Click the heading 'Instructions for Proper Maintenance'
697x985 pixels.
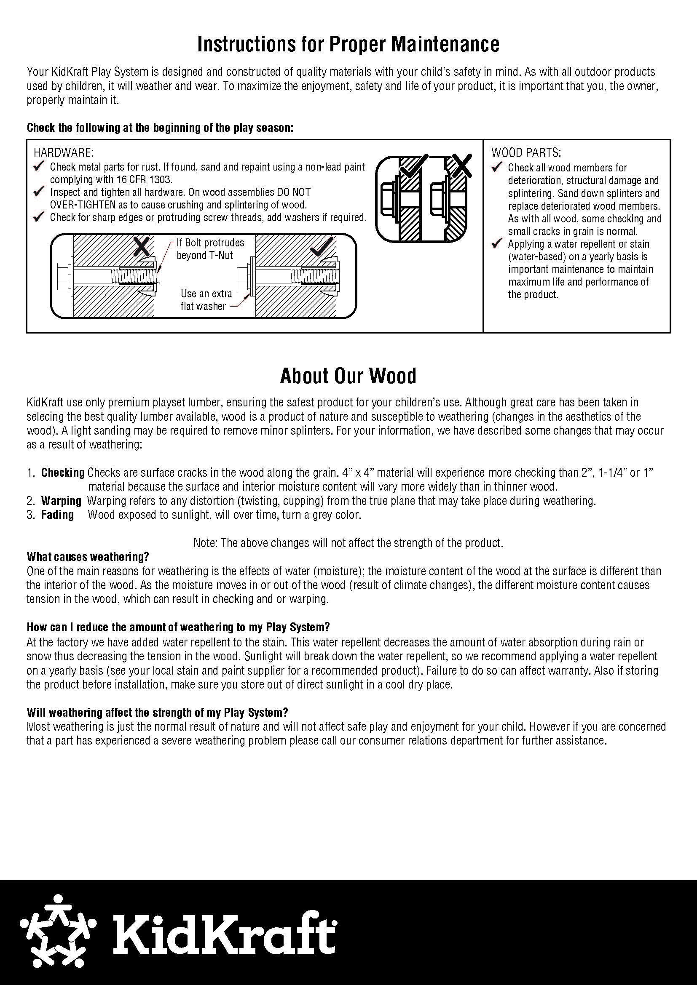348,44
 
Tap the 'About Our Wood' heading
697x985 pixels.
348,376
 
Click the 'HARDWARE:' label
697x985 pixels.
64,153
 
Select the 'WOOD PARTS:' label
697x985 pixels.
526,153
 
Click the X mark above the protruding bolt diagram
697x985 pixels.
142,246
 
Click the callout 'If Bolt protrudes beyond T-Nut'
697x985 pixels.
210,249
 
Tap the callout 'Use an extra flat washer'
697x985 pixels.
206,300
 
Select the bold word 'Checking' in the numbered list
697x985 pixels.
63,473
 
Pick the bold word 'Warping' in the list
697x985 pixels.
61,501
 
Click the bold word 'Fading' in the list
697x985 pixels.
57,515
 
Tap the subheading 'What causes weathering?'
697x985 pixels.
88,557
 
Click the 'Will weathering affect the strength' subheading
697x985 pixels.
157,713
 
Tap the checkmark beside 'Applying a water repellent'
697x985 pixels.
497,244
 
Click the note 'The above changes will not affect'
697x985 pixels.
348,543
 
